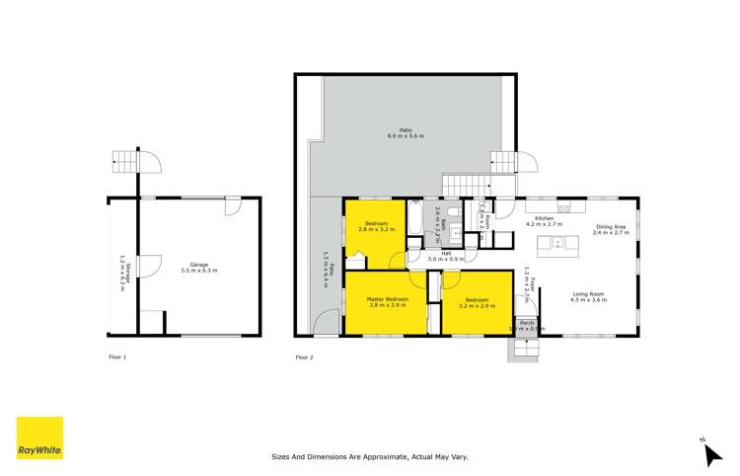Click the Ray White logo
[x=39, y=437]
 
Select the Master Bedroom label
[x=388, y=302]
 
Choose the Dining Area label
[x=612, y=230]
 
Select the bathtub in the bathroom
[x=416, y=221]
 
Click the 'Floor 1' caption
[x=117, y=356]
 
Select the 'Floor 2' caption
[x=304, y=356]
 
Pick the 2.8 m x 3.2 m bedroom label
[x=375, y=226]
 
